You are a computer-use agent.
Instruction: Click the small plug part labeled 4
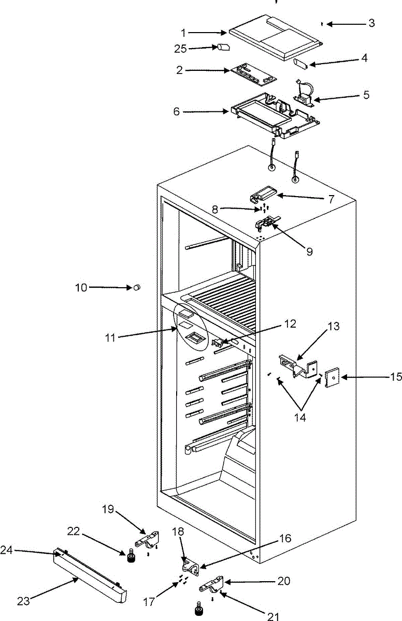301,64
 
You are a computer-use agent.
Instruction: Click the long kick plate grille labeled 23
91,576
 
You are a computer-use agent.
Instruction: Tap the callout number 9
309,252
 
